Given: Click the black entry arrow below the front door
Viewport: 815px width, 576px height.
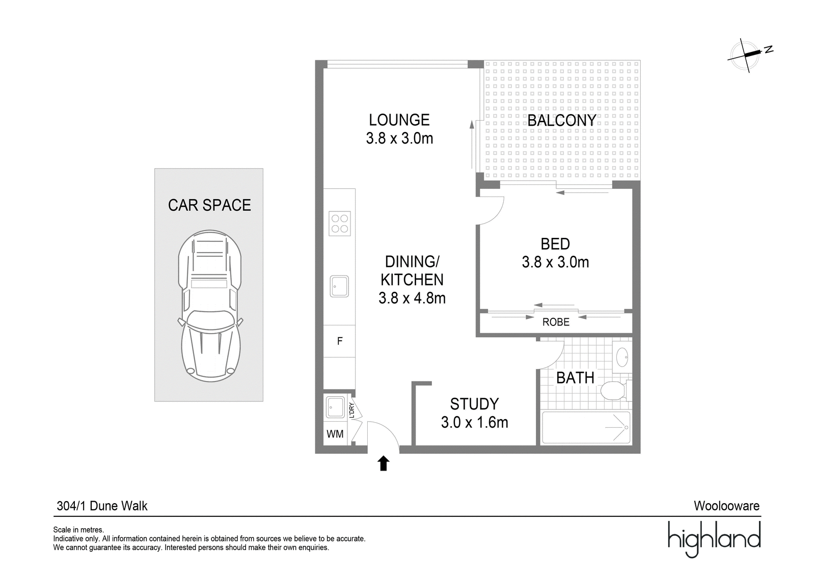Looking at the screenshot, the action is [383, 463].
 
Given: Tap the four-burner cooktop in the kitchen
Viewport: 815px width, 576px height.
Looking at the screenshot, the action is [340, 223].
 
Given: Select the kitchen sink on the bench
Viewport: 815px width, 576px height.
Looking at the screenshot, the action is [339, 286].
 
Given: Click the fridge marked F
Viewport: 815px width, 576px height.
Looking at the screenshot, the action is [339, 341].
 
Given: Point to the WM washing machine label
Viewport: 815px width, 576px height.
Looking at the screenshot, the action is [335, 434].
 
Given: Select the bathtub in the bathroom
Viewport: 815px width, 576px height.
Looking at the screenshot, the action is [586, 428].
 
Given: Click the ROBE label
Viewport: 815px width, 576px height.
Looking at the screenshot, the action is [556, 322].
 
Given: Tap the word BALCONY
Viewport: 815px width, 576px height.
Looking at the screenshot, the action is [562, 120].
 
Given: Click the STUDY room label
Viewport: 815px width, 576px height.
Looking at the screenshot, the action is [474, 404].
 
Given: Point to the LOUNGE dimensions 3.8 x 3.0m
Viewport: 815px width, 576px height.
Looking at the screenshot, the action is [399, 139].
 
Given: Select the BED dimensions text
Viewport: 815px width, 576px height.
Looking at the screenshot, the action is [555, 262].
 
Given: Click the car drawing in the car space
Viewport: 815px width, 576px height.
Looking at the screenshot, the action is [209, 306].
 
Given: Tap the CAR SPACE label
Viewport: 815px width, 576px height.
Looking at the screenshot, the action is [209, 205].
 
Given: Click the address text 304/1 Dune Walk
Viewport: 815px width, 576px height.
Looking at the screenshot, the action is [102, 506].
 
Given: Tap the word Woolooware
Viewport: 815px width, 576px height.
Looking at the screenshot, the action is [726, 506].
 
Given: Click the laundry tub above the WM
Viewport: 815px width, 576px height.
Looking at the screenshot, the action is [335, 407].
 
